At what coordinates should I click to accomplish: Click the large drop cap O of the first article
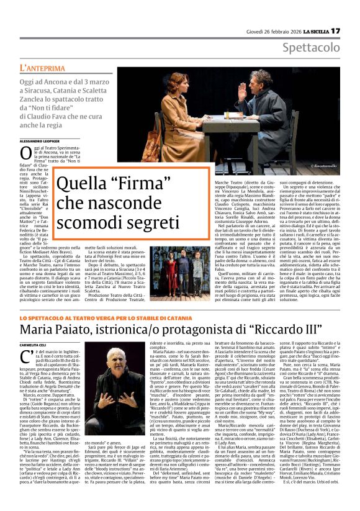pos(26,153)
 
